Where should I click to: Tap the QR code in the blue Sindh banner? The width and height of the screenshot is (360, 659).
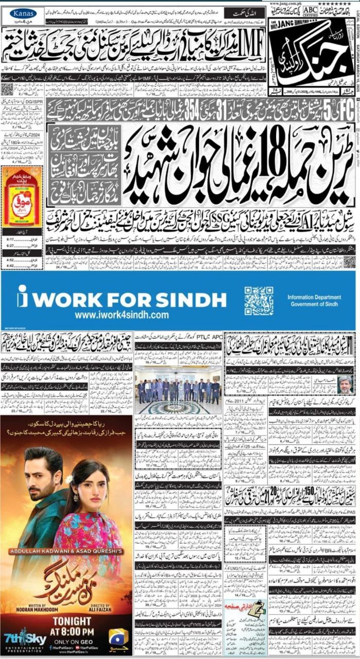[x=259, y=301]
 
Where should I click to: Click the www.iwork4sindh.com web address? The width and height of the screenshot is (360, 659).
[x=122, y=315]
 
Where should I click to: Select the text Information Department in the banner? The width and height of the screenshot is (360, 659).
[x=314, y=297]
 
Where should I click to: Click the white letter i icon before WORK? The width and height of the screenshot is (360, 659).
[x=22, y=297]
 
